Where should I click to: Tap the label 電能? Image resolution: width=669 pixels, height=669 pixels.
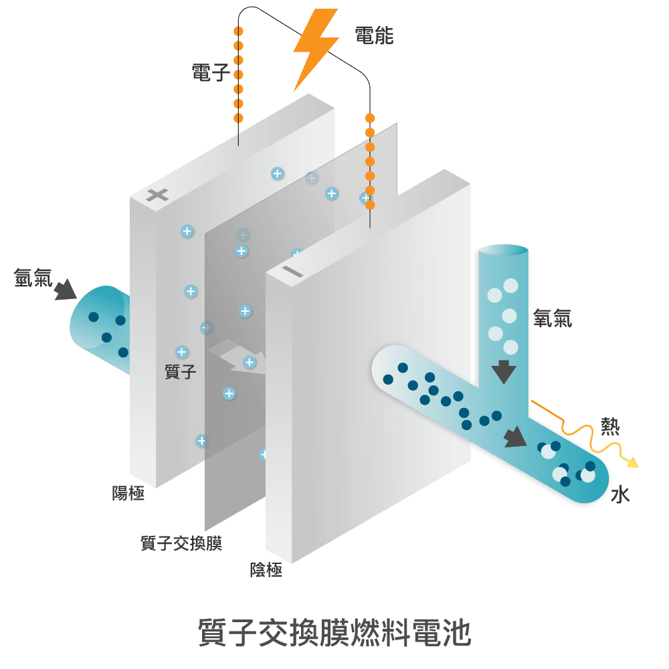coord(374,35)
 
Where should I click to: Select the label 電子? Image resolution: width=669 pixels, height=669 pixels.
coord(210,72)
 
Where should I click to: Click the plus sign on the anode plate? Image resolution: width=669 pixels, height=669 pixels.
coord(157,195)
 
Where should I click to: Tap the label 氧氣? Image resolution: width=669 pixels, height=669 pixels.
coord(553,318)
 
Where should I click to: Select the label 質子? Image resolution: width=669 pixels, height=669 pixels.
coord(181,371)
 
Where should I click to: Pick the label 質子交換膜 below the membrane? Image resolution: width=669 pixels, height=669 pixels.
coord(181,543)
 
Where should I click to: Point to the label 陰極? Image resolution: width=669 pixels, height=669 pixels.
coord(266,570)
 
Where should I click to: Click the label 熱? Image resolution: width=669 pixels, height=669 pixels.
coord(609,426)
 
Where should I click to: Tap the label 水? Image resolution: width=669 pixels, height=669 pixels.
coord(621,495)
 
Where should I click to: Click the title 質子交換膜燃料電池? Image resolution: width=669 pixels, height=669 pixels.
coord(334,633)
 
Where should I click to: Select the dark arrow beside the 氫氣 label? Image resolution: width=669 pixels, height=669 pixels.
coord(65,290)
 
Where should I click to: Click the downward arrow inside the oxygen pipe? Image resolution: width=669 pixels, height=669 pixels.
coord(504,372)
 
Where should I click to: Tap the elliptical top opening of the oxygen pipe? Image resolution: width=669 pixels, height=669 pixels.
coord(504,252)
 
